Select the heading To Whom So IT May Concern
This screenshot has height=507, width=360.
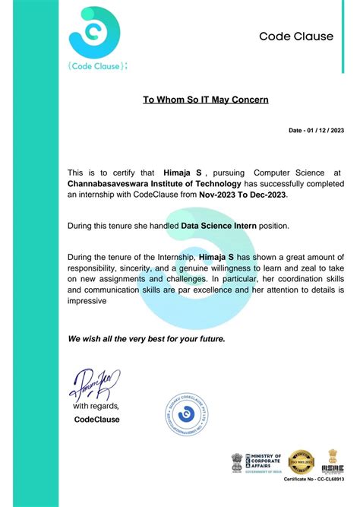pos(205,100)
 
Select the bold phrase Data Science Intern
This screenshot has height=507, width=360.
pos(219,226)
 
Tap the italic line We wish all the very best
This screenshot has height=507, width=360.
pos(147,338)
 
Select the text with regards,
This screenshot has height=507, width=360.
pos(96,407)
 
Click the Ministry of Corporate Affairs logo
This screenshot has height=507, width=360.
pos(255,461)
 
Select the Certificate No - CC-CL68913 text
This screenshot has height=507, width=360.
pos(314,481)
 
